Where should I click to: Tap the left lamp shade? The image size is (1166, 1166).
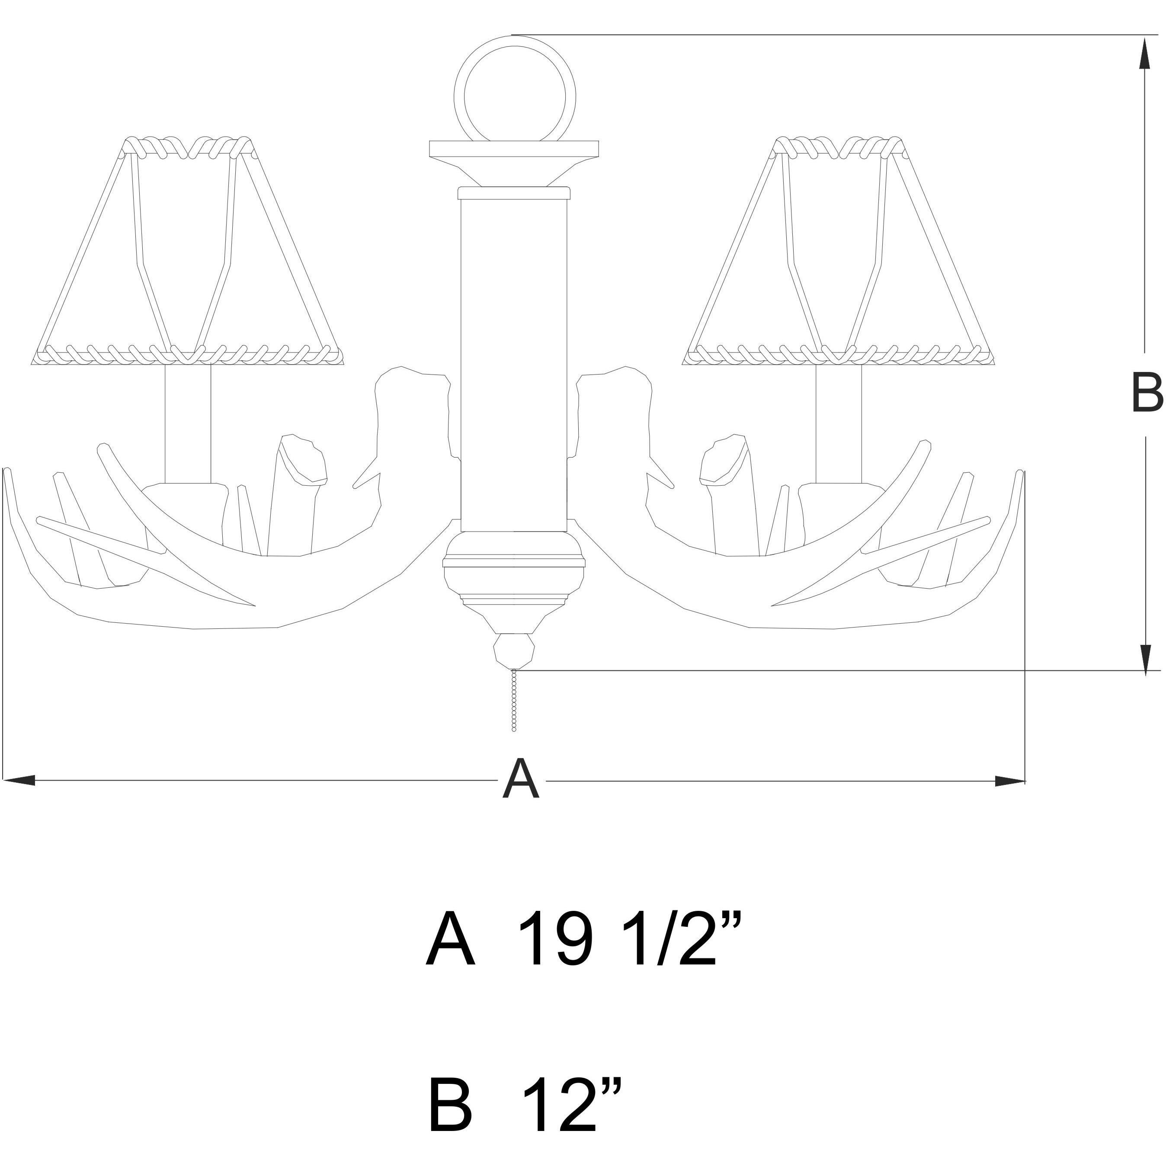point(188,251)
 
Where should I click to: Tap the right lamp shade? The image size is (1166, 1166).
point(839,251)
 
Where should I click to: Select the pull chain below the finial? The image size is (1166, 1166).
point(514,700)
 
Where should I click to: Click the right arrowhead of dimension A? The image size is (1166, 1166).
point(1010,780)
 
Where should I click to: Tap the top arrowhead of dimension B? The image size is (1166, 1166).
point(1144,58)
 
